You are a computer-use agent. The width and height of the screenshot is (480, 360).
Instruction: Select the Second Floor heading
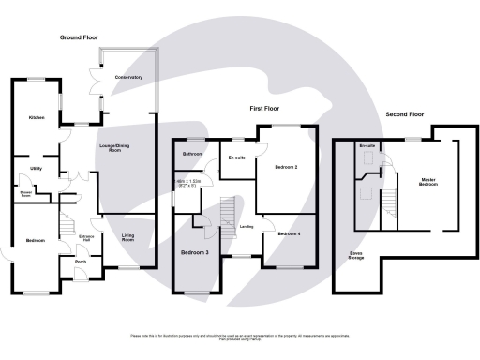(404, 114)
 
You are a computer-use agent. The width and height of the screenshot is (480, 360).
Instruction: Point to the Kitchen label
(36, 118)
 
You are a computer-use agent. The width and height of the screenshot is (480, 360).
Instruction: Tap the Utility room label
(36, 168)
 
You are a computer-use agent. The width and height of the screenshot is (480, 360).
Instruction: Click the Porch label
(81, 261)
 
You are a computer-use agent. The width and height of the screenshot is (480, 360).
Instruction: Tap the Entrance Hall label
(86, 235)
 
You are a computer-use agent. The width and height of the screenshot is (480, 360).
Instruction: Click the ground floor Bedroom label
(36, 241)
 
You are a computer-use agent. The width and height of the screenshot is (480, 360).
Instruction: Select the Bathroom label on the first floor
(193, 153)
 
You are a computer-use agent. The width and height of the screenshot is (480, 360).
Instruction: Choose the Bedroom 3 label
(195, 252)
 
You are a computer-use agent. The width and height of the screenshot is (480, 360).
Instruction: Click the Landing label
(247, 226)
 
